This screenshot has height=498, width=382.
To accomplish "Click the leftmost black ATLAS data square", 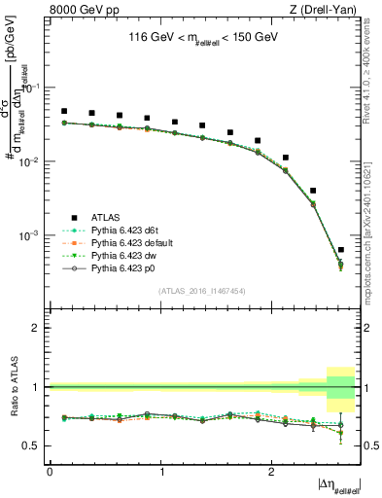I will click(x=64, y=112).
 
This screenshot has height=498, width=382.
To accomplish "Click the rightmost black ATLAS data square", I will click(x=340, y=250).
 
